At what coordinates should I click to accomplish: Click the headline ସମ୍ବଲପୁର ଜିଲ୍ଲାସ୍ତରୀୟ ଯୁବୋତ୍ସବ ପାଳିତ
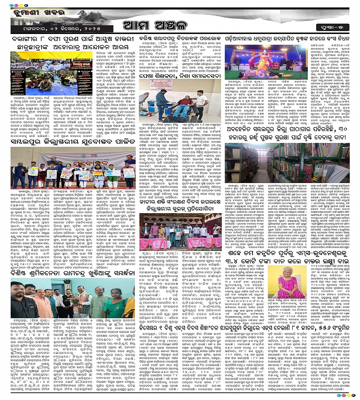click(x=72, y=141)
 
